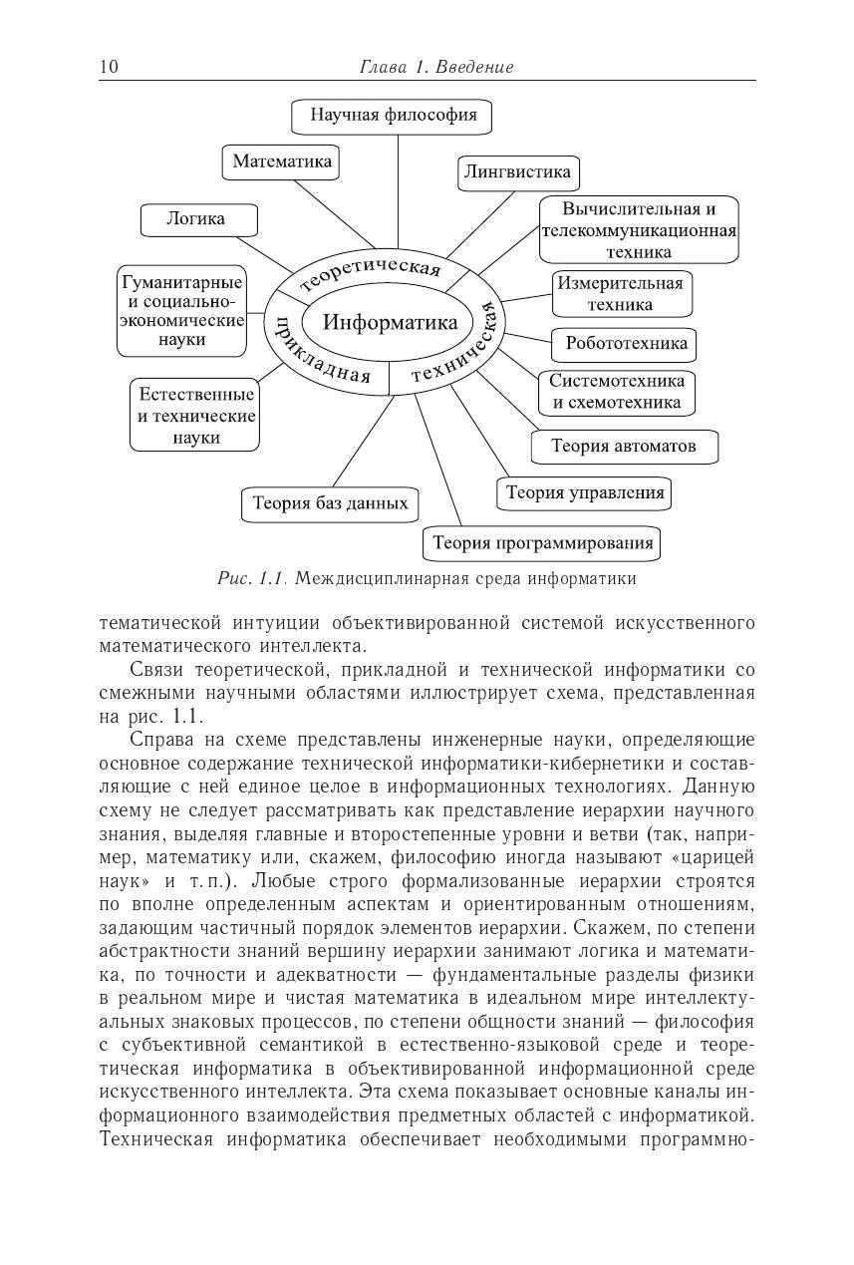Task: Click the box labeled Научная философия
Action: click(393, 116)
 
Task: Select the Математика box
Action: click(282, 161)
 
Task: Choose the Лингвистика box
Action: click(518, 172)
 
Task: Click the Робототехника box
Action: click(626, 345)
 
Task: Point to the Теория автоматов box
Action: click(624, 447)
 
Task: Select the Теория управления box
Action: click(585, 493)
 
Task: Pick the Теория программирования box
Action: click(543, 543)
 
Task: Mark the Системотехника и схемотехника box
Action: click(617, 392)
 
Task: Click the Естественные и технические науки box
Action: click(196, 416)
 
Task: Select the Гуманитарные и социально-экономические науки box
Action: click(182, 311)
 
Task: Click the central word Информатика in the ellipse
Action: click(391, 323)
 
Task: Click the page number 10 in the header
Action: click(109, 67)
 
